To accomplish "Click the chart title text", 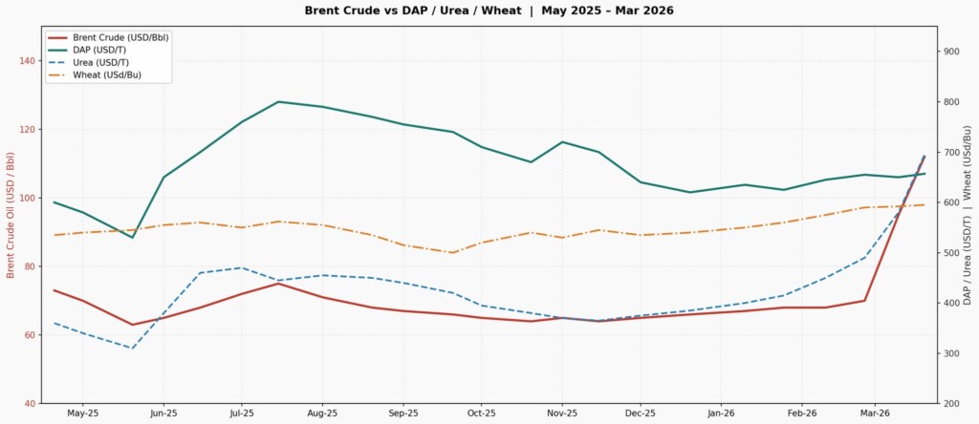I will [489, 11].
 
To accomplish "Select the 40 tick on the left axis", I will [30, 404].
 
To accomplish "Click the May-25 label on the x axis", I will [83, 414].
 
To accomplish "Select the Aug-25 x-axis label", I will [322, 414].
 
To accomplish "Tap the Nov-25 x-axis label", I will [561, 414].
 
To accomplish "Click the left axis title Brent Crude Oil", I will [11, 216].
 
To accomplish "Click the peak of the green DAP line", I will [278, 101].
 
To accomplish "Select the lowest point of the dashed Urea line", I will [132, 349].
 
